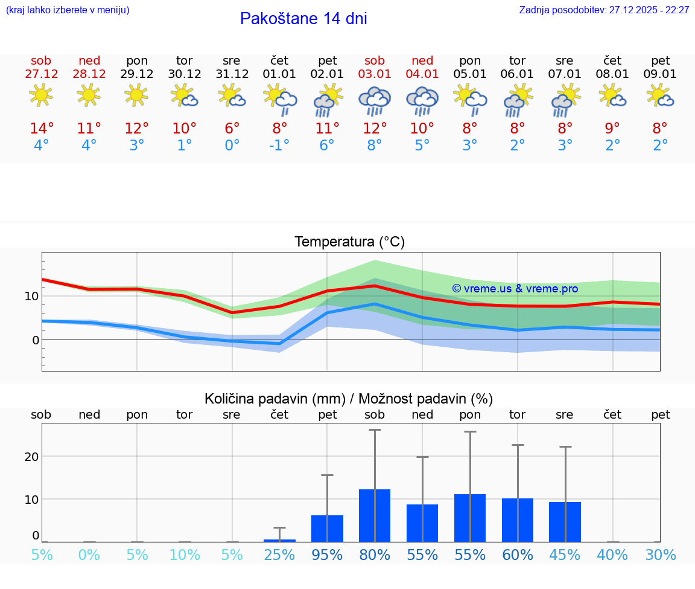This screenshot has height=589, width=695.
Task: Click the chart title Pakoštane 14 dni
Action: [303, 19]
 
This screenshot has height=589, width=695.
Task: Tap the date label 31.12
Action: [232, 74]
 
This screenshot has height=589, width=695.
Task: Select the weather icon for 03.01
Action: [374, 100]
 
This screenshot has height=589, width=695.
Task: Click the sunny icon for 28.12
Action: [89, 95]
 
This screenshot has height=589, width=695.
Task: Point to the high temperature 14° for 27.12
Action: [42, 129]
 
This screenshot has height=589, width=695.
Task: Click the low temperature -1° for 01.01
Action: [279, 146]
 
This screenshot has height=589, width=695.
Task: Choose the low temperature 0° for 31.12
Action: [232, 146]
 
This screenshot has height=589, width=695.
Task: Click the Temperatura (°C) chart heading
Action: [349, 242]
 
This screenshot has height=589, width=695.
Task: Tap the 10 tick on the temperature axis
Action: [31, 296]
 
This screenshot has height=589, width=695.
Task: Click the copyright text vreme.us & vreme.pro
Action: [515, 289]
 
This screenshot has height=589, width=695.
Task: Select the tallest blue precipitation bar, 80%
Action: [375, 515]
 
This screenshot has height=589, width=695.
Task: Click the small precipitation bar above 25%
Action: [279, 540]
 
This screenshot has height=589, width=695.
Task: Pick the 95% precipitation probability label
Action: [327, 555]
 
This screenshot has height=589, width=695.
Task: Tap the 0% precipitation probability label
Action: [89, 555]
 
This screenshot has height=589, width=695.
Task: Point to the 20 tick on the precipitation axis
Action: [31, 457]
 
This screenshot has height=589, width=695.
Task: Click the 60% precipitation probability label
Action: [518, 555]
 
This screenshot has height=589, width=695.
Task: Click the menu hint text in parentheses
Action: [67, 10]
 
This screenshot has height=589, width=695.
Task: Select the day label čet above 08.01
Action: [612, 60]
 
